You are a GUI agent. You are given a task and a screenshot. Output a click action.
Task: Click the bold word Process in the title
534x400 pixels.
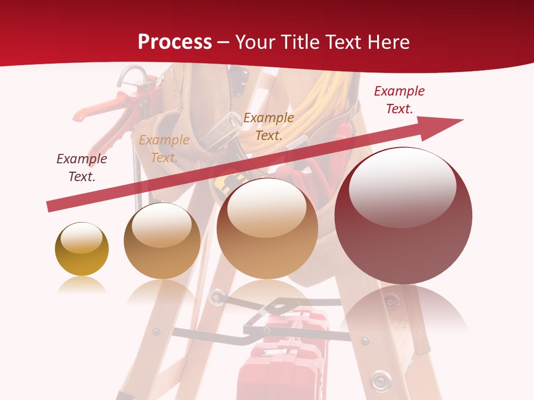(x=175, y=42)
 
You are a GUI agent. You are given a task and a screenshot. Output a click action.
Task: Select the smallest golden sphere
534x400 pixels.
(x=82, y=249)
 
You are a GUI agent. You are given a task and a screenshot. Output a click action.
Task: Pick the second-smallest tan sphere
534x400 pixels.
(x=162, y=241)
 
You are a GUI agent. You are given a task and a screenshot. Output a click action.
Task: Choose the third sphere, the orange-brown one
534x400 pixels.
(x=267, y=228)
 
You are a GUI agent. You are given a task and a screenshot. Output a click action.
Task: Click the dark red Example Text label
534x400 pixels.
(x=399, y=100)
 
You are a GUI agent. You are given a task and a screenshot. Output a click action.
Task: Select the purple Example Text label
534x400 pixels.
(x=82, y=168)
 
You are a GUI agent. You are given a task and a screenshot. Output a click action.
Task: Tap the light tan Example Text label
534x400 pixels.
(x=164, y=149)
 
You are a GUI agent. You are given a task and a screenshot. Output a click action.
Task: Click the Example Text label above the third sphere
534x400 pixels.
(x=269, y=126)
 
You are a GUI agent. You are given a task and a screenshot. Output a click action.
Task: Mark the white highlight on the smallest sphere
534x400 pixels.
(x=81, y=239)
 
